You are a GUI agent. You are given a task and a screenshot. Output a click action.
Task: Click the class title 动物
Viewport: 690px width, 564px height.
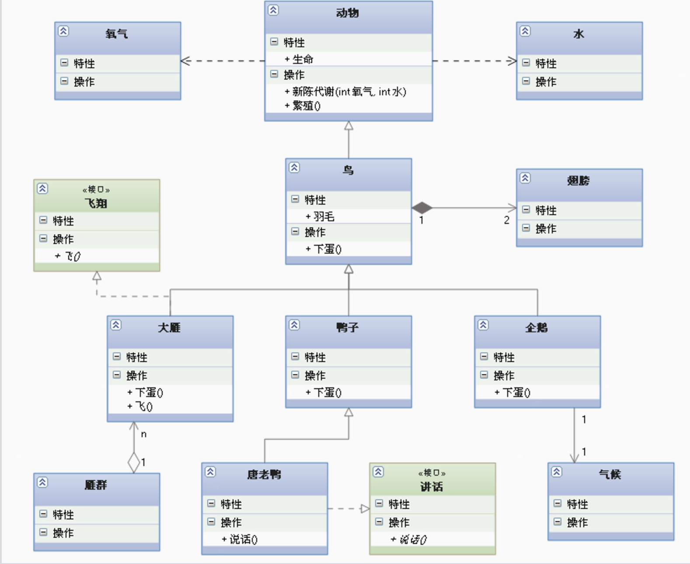(348, 13)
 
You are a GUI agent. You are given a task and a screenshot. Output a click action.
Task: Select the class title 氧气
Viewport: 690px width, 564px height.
(117, 34)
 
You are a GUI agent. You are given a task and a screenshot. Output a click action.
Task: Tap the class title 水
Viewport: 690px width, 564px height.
(578, 34)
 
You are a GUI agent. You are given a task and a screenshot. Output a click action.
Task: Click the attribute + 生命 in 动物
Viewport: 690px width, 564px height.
(299, 59)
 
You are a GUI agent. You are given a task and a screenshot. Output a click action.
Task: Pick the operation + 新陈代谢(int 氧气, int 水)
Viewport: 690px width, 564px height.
(345, 92)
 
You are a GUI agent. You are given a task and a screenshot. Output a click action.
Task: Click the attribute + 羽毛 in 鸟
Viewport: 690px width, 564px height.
(320, 216)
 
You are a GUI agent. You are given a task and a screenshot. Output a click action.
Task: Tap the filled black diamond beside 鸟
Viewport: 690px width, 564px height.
(422, 208)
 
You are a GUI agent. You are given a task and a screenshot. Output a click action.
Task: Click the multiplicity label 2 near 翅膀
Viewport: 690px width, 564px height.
(506, 220)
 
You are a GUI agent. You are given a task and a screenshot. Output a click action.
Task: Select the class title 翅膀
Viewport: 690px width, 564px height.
(578, 181)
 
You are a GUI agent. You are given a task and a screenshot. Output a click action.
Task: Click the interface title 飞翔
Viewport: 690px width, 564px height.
(96, 203)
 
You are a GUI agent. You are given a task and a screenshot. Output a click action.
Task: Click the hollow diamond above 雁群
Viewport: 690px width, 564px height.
(134, 463)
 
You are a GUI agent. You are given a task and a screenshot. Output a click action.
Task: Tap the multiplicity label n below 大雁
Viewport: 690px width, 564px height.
(143, 434)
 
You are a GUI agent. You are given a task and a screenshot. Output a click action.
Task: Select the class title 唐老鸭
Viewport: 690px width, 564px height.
(264, 474)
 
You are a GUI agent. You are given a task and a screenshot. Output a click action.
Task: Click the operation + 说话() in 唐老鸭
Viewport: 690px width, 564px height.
(240, 540)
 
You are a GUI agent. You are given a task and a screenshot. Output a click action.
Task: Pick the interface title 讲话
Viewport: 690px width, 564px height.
(432, 487)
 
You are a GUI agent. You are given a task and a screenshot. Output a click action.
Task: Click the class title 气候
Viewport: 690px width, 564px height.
(610, 474)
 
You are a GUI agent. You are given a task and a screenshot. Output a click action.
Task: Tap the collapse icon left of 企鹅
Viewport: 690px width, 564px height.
(483, 325)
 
